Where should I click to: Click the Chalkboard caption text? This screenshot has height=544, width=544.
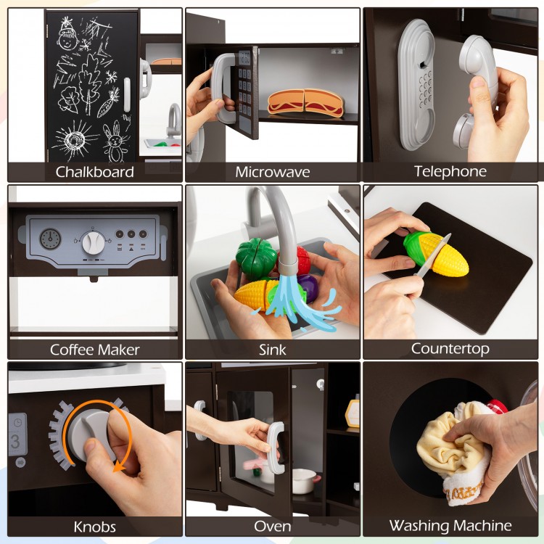95,172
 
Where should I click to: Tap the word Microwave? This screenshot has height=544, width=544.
272,172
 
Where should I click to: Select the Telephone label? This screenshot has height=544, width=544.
450,171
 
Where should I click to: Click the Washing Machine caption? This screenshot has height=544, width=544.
450,525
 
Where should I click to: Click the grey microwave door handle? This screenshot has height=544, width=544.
222,88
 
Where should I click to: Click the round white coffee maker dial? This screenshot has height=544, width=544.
94,242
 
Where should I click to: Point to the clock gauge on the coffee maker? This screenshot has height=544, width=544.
50,239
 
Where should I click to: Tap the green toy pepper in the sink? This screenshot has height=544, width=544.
256,259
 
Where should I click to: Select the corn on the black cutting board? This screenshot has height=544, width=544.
435,254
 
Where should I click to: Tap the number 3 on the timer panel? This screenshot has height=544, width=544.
15,441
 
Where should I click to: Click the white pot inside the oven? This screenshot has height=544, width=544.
305,481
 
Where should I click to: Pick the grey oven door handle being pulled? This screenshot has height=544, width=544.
276,448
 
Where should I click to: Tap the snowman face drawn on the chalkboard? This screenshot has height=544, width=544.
67,39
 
